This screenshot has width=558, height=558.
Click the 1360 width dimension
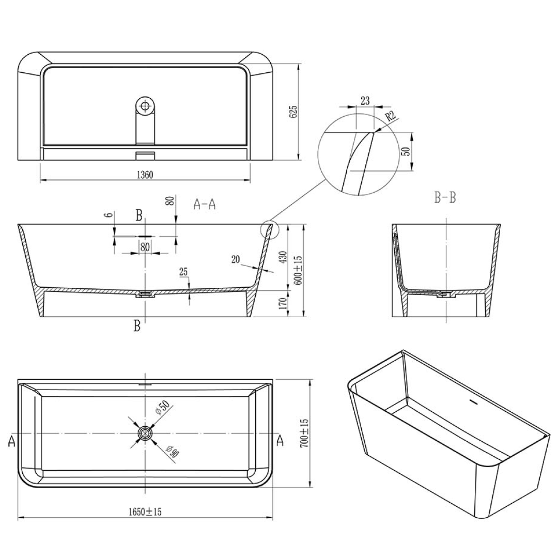click(145, 175)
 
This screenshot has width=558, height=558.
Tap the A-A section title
click(204, 205)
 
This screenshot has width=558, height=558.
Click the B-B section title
click(445, 197)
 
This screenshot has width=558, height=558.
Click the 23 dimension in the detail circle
click(365, 101)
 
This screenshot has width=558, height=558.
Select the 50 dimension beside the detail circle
click(406, 151)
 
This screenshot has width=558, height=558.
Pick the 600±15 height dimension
click(298, 269)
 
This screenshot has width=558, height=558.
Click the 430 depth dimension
click(282, 257)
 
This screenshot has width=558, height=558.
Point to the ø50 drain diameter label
click(163, 408)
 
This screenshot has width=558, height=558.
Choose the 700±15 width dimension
click(305, 433)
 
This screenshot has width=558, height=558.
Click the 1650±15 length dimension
click(145, 512)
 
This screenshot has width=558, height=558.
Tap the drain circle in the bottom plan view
click(146, 432)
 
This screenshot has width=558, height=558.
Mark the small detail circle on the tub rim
click(269, 228)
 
